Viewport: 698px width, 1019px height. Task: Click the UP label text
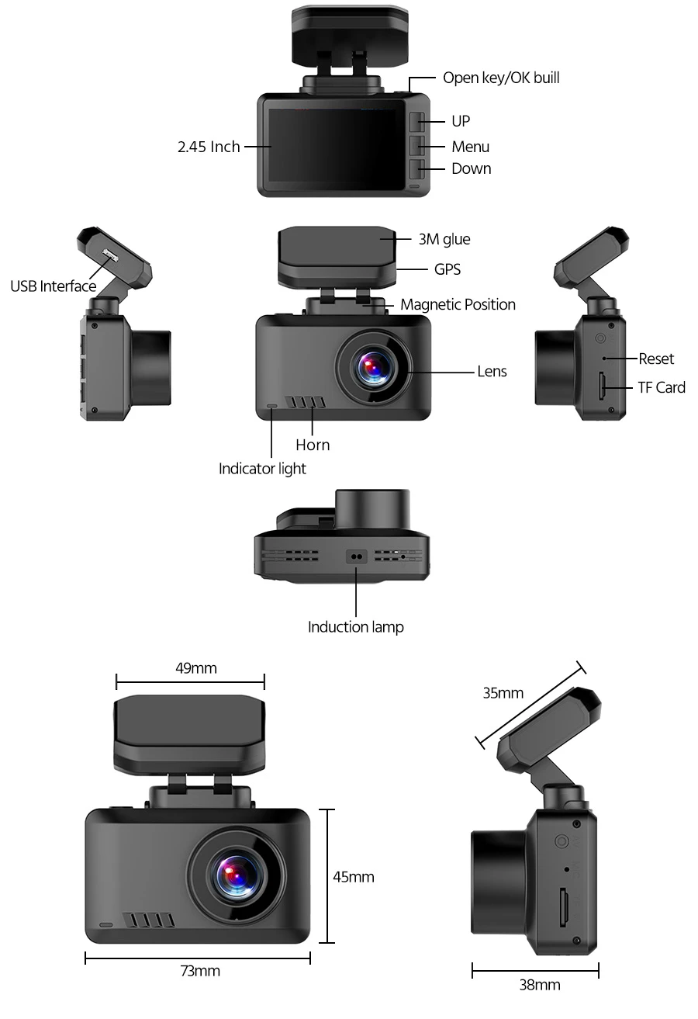(x=461, y=121)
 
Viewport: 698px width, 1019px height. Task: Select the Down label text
(x=471, y=168)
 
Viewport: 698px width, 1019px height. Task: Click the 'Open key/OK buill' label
(x=500, y=78)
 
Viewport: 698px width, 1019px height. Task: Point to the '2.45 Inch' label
(x=209, y=147)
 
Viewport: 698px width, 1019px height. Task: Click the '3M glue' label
(x=444, y=239)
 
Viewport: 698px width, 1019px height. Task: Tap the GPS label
(x=447, y=269)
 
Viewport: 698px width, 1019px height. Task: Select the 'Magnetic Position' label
(x=458, y=304)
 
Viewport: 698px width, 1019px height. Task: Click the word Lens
(x=492, y=371)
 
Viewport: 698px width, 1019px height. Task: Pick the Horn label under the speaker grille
(x=313, y=445)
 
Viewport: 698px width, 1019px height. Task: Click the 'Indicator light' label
(x=262, y=469)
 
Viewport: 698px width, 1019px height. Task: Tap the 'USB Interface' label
(x=54, y=286)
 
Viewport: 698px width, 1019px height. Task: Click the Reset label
(x=656, y=359)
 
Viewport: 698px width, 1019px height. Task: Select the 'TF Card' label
(x=662, y=386)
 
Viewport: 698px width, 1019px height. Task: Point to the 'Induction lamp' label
(x=356, y=627)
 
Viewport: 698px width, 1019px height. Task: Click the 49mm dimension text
(x=195, y=667)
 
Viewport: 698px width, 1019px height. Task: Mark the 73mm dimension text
(x=199, y=971)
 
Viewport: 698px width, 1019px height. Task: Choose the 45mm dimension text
(x=354, y=877)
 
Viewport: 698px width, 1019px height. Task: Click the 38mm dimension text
(x=540, y=985)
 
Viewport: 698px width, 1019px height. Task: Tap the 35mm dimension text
(x=503, y=693)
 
